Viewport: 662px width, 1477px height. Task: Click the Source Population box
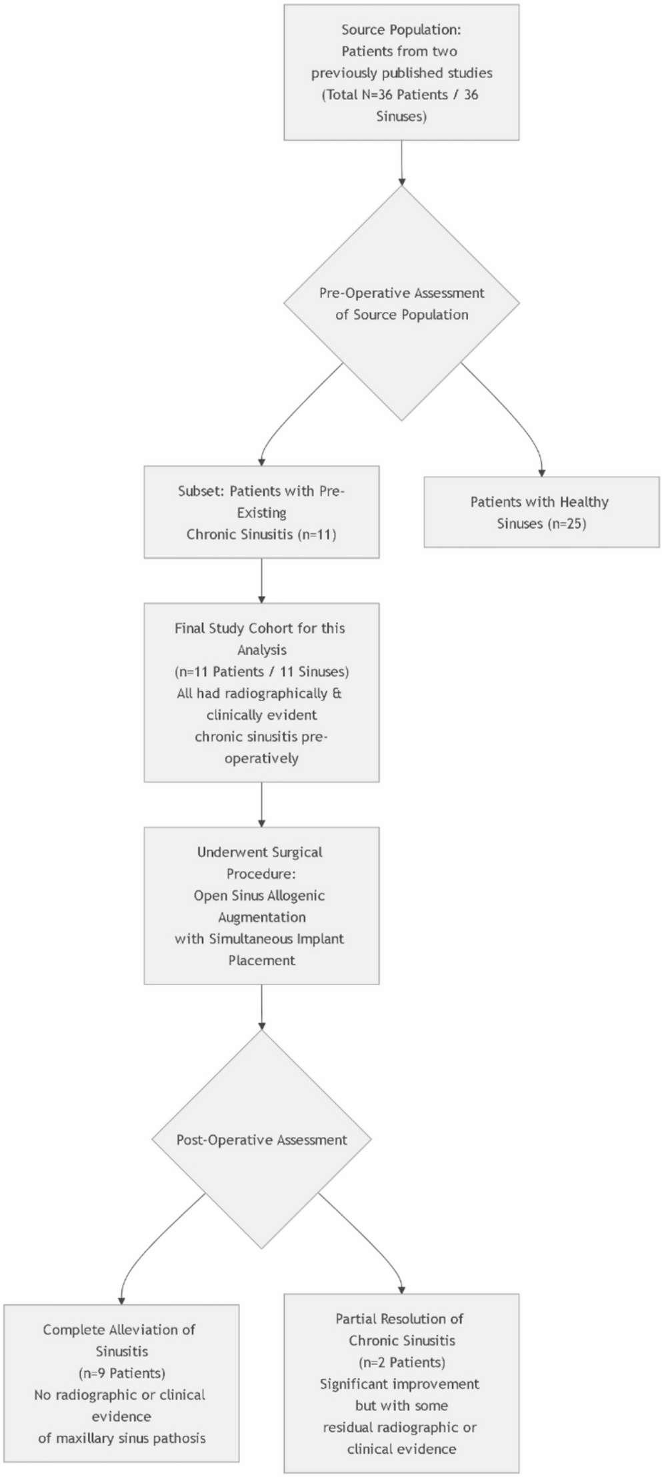[x=401, y=72]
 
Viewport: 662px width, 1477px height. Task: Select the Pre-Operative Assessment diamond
[x=401, y=303]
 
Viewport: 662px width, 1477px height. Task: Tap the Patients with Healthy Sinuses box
[x=541, y=512]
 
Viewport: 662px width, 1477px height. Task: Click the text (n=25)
[x=567, y=524]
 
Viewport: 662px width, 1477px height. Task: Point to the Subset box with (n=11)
[x=261, y=512]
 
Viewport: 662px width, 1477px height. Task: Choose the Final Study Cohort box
[x=261, y=692]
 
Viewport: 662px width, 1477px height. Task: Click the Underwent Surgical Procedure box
[x=261, y=905]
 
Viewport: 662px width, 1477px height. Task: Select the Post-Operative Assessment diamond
[x=261, y=1140]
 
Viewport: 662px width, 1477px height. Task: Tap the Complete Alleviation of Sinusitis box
[x=121, y=1383]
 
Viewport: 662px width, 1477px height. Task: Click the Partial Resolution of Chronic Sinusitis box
[x=401, y=1383]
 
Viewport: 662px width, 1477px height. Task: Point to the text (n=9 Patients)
[x=121, y=1373]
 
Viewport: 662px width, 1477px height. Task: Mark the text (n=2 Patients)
[x=401, y=1362]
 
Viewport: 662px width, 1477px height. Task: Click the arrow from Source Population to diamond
[x=401, y=163]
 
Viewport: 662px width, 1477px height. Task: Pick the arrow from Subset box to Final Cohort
[x=261, y=580]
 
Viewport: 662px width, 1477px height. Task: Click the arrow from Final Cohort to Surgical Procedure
[x=261, y=804]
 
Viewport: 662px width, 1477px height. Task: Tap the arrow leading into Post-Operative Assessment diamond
[x=261, y=1006]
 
